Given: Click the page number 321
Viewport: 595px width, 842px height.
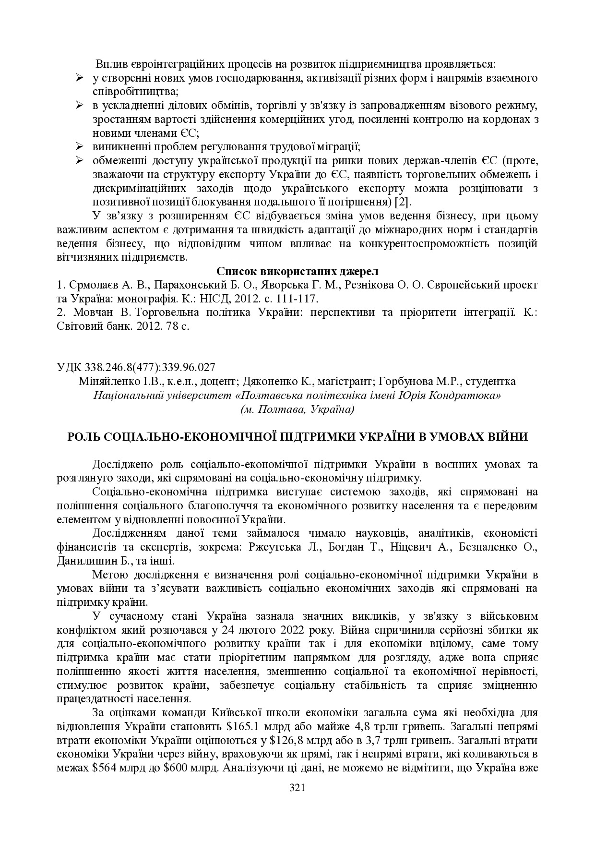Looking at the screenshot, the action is coord(297,787).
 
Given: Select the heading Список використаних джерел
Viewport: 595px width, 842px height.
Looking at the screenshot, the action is coord(297,271).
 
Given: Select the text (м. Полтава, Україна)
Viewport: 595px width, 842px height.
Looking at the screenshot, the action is coord(297,409).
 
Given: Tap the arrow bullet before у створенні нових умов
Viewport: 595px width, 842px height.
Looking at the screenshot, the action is coord(80,77).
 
